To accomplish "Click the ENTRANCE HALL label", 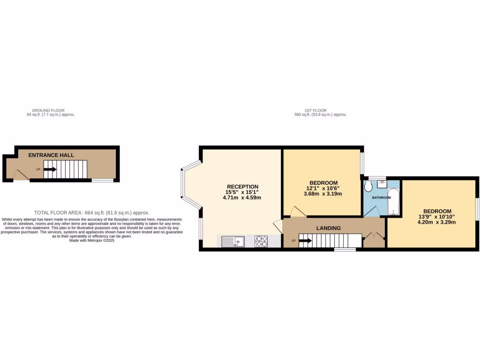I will (51, 155).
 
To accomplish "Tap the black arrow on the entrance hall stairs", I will (50, 169).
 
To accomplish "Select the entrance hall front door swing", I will (20, 174).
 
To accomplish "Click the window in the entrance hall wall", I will (102, 180).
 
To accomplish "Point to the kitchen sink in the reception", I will (233, 242).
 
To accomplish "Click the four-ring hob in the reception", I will (261, 241).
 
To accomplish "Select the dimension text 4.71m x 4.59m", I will (242, 198).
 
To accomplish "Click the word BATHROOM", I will (381, 198).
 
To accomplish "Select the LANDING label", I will (328, 228).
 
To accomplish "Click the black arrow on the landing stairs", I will (305, 241).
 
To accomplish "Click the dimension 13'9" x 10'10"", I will (437, 217).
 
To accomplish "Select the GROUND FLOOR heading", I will (51, 110).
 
